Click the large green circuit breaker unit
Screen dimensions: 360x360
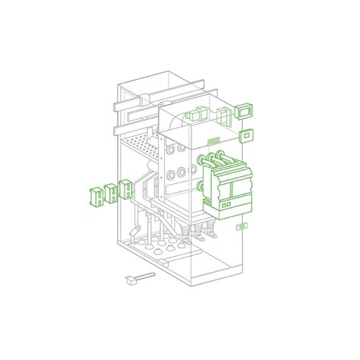(229, 186)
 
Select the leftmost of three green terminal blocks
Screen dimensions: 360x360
(96, 196)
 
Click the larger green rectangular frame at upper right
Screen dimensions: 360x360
(245, 112)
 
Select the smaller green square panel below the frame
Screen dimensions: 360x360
(246, 137)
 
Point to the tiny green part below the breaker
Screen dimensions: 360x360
(242, 226)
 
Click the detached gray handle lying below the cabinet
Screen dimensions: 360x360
(132, 280)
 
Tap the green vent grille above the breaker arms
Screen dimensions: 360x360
(215, 141)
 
